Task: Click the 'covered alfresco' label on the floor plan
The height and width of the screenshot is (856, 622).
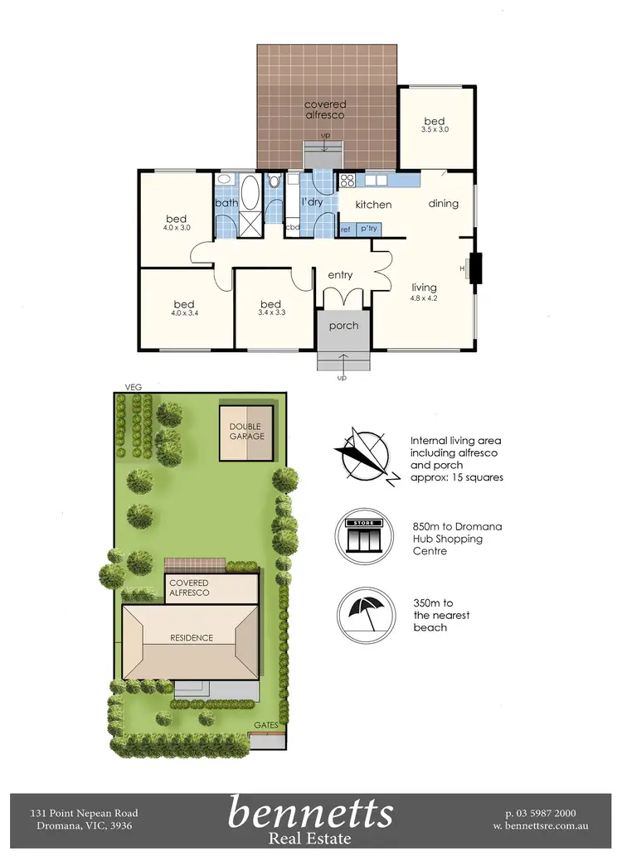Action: click(325, 109)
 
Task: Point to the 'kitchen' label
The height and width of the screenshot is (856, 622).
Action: click(373, 204)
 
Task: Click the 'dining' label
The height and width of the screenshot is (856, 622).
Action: click(444, 203)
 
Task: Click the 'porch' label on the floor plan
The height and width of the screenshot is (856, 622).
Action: click(343, 326)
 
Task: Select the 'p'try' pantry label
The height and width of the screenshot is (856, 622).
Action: click(369, 229)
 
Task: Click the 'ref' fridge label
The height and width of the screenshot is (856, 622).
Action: click(346, 229)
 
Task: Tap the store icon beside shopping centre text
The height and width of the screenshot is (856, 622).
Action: click(362, 534)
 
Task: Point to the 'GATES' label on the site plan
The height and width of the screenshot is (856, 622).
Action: click(266, 724)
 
